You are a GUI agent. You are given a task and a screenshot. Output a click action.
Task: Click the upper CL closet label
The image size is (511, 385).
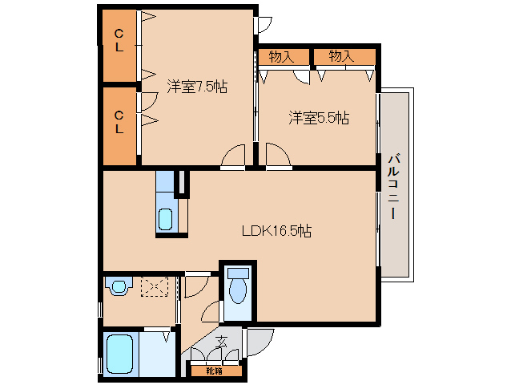(x=119, y=40)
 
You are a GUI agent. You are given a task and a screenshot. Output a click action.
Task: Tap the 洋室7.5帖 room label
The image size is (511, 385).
(x=197, y=87)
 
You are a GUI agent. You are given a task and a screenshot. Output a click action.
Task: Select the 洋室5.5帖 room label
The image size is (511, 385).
(x=318, y=118)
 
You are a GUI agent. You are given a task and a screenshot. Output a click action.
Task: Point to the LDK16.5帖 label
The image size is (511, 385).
(x=277, y=231)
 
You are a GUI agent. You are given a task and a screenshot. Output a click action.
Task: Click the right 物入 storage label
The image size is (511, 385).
(x=341, y=56)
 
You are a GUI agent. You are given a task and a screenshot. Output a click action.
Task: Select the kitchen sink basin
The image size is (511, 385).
(x=166, y=218)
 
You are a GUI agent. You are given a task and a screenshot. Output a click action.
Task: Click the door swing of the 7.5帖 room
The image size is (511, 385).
(x=234, y=157)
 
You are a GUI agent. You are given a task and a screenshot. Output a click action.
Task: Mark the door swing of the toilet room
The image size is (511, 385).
(x=210, y=313)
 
